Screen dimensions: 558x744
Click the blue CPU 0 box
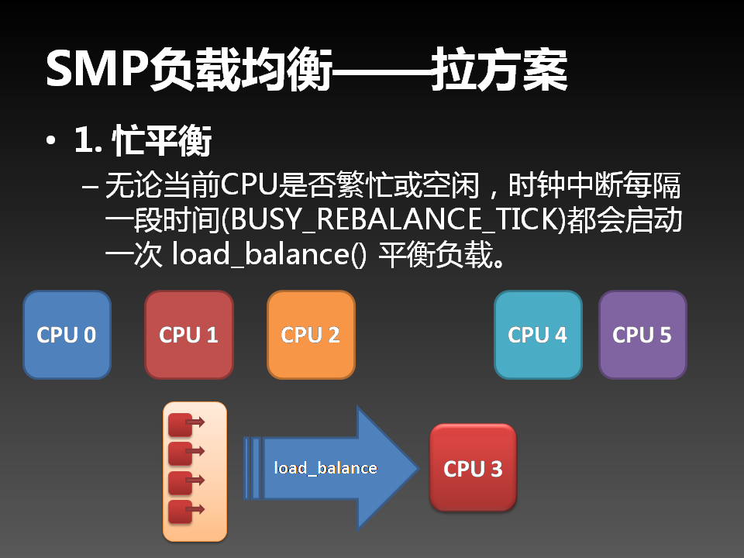point(67,335)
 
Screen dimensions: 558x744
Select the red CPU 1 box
point(188,335)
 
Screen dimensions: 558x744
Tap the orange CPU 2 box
point(310,335)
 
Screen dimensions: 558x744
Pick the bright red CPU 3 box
point(473,468)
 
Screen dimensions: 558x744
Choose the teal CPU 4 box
point(537,335)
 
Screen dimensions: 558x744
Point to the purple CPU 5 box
point(642,335)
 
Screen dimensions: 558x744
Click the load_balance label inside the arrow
point(325,468)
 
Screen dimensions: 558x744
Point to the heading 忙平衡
point(162,142)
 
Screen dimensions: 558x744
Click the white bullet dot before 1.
point(51,143)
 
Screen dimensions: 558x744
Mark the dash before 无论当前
point(90,188)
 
